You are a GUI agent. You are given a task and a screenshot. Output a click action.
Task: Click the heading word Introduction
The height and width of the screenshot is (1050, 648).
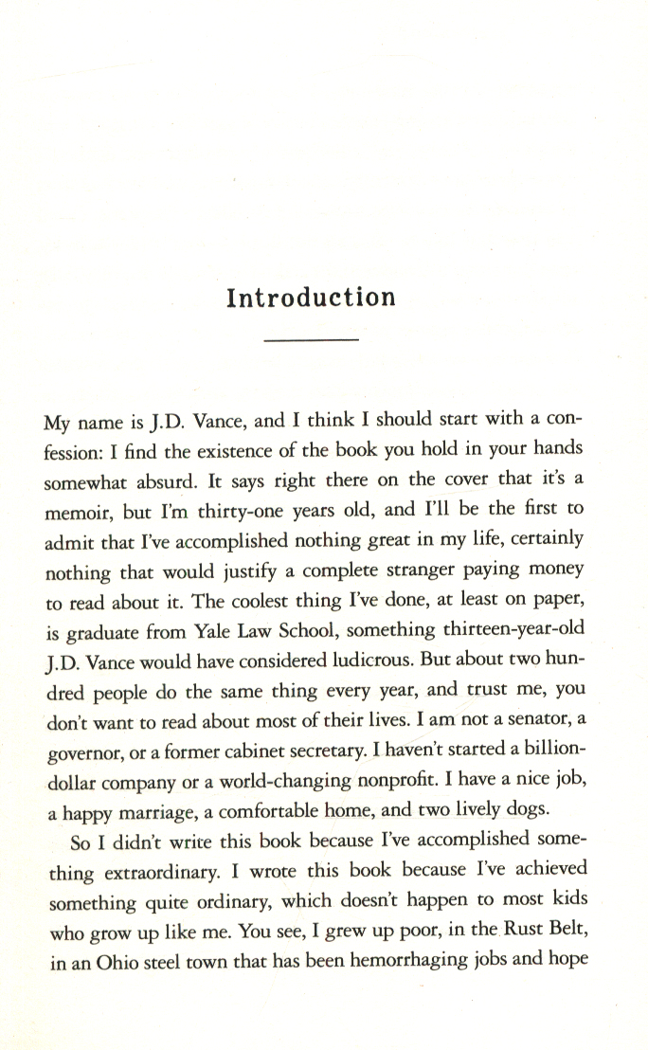pos(312,298)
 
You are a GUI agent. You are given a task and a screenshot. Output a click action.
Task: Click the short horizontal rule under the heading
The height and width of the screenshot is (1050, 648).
pos(312,339)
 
